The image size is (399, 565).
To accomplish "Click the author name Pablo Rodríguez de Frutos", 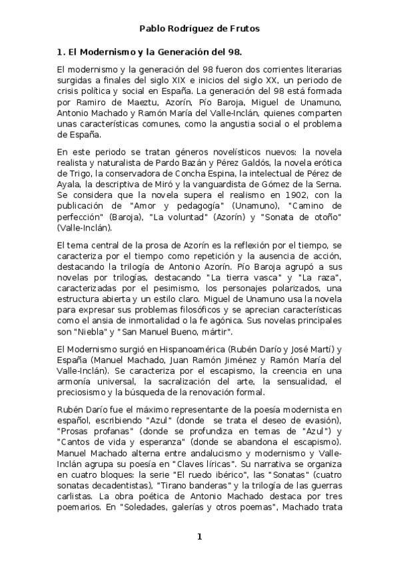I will [199, 29].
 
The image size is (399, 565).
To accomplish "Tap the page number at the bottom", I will [199, 537].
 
